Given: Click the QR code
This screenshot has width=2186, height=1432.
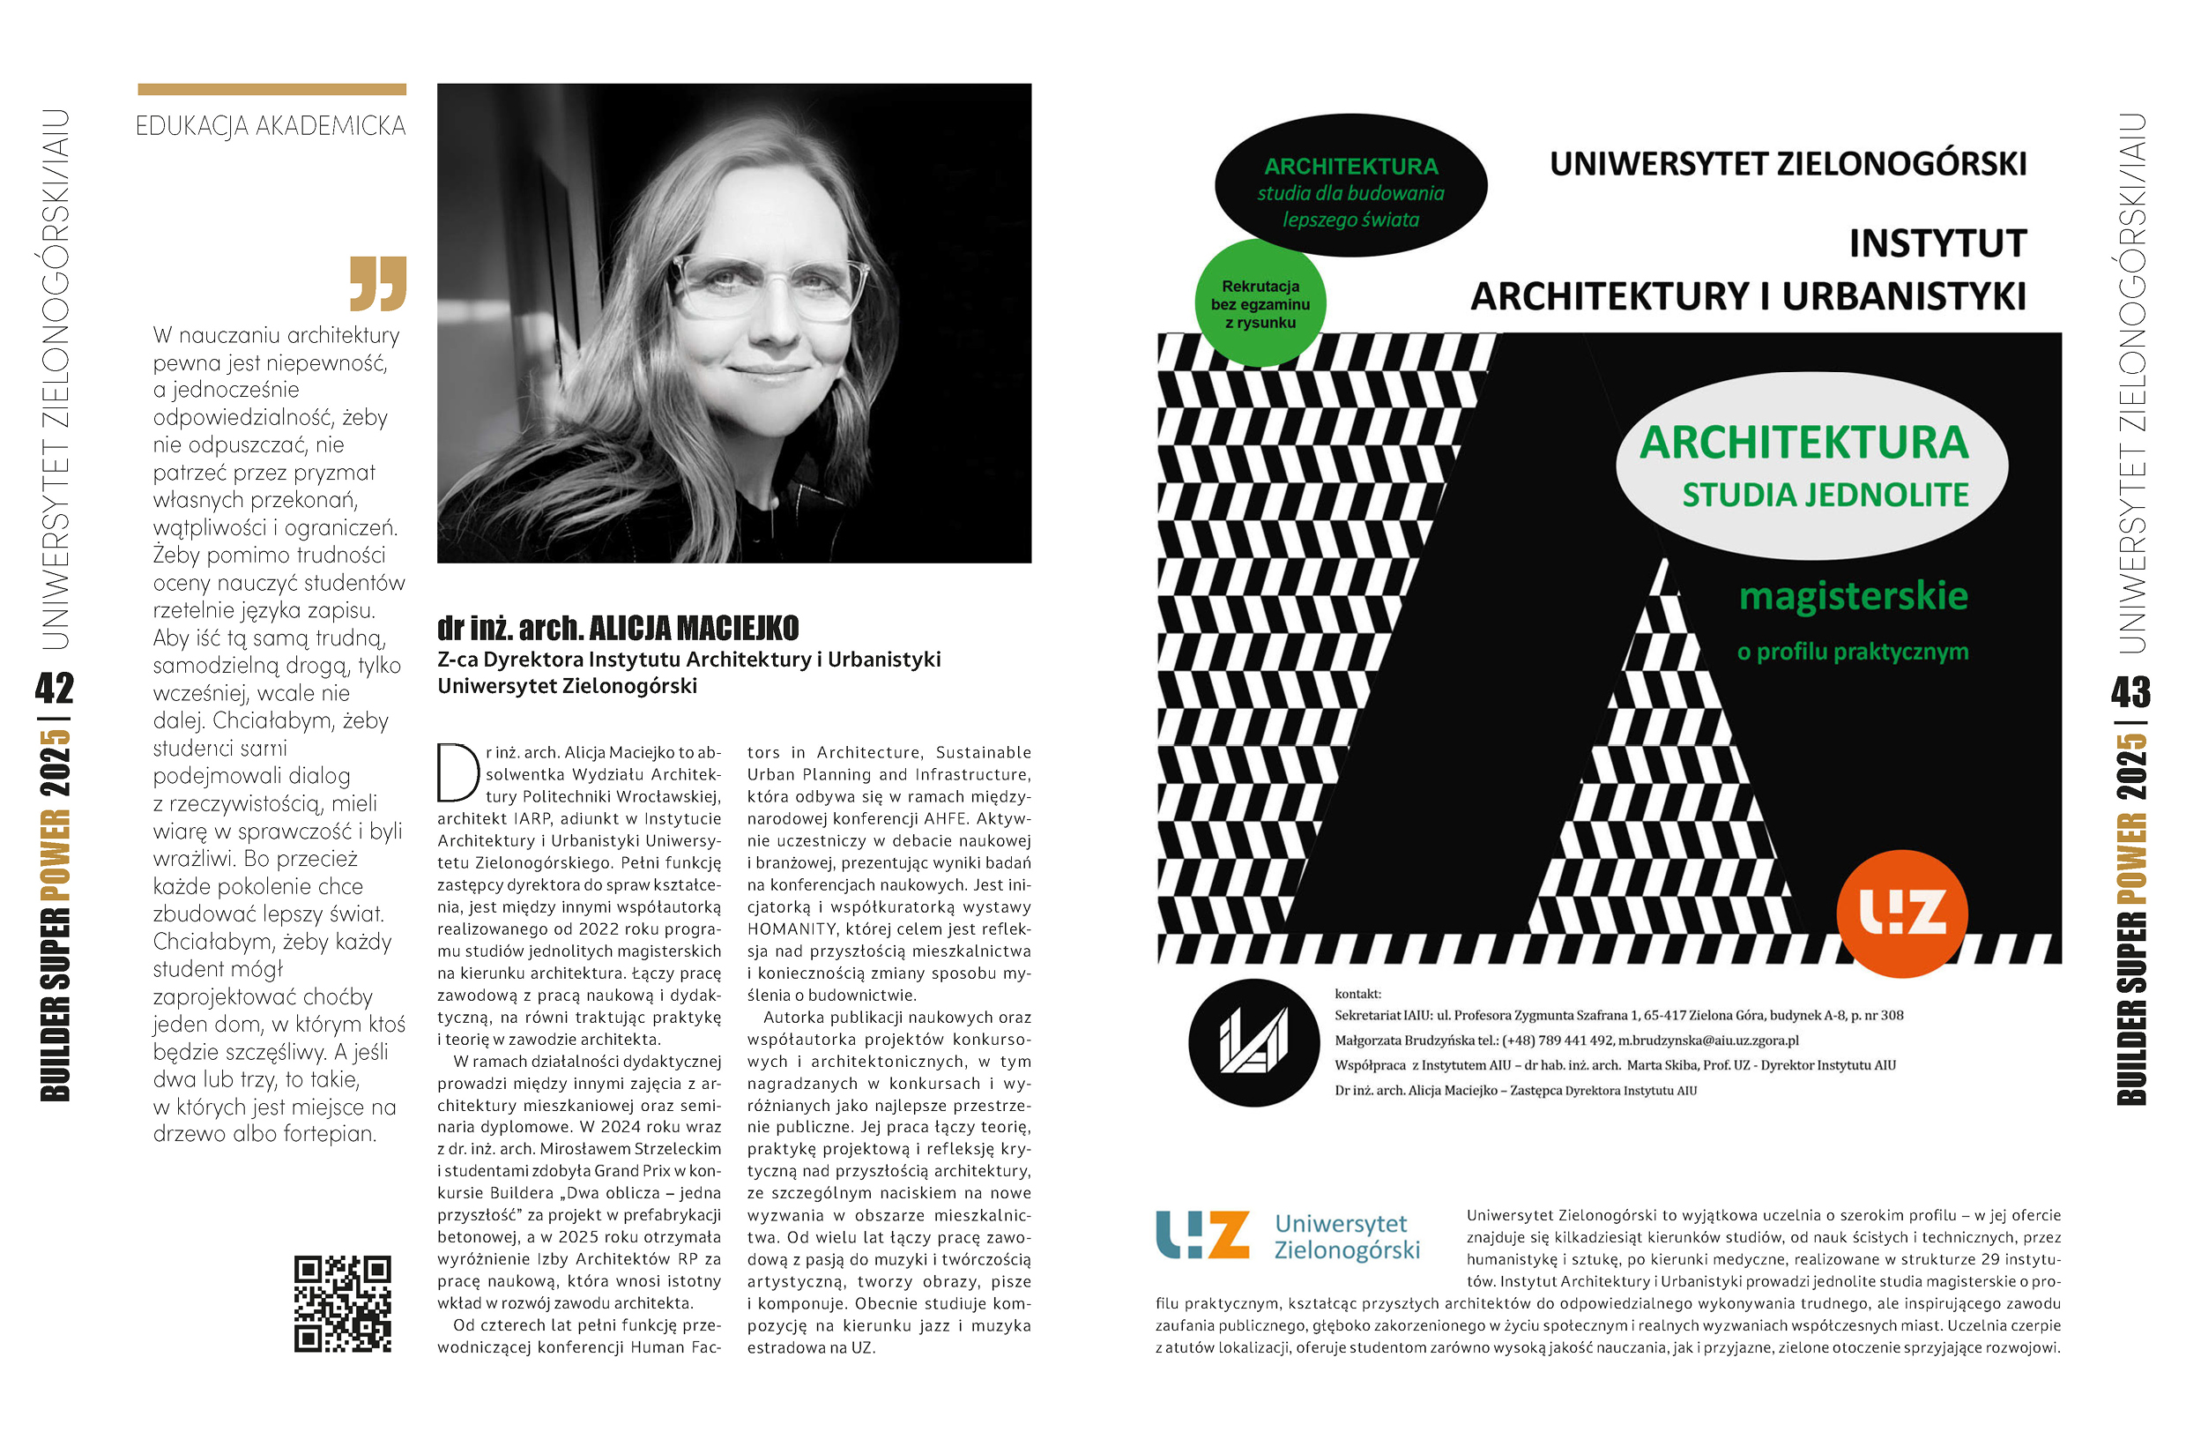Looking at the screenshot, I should pyautogui.click(x=343, y=1303).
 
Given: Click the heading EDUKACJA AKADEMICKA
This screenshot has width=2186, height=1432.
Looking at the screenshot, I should pyautogui.click(x=271, y=126).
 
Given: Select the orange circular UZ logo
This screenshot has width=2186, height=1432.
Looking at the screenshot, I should pyautogui.click(x=1901, y=913).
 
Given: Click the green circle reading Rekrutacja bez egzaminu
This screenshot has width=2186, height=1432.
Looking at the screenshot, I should pyautogui.click(x=1260, y=304).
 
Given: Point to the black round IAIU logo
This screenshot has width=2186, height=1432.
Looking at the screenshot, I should pyautogui.click(x=1253, y=1042).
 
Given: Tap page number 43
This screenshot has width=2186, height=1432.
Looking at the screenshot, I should pyautogui.click(x=2130, y=691).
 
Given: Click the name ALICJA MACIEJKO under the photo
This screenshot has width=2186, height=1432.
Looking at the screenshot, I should pyautogui.click(x=694, y=629).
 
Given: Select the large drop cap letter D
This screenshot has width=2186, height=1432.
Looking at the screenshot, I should pyautogui.click(x=457, y=772).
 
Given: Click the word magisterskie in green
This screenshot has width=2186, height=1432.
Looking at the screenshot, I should pyautogui.click(x=1853, y=596).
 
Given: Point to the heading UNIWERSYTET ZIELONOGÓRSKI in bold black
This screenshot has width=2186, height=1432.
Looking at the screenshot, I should pyautogui.click(x=1788, y=164).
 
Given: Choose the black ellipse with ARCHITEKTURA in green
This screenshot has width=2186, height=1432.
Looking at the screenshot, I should pyautogui.click(x=1350, y=183).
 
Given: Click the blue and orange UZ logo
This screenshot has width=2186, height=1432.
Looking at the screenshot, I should pyautogui.click(x=1202, y=1234).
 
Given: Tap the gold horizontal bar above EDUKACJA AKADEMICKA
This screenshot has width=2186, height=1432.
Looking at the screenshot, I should pyautogui.click(x=271, y=90).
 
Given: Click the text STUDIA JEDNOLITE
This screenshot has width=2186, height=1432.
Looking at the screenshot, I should pyautogui.click(x=1825, y=495).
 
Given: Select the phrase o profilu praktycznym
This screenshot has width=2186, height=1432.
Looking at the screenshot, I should pyautogui.click(x=1853, y=652).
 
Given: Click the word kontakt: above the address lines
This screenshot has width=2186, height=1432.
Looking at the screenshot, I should pyautogui.click(x=1357, y=994).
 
